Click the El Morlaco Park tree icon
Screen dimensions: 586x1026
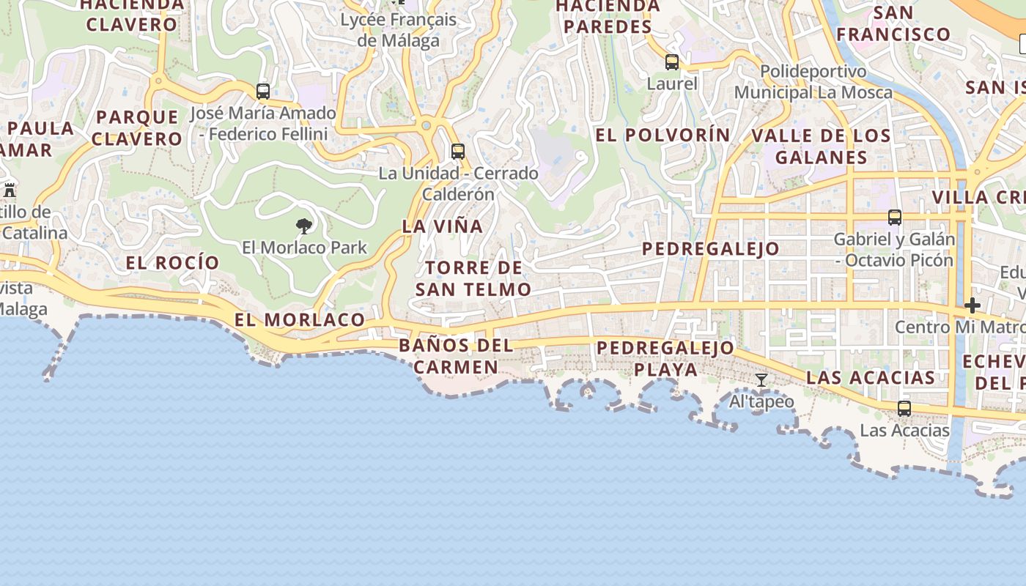click(x=304, y=226)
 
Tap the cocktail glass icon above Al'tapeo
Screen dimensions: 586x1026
click(x=761, y=379)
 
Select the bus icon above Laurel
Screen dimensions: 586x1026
click(x=672, y=62)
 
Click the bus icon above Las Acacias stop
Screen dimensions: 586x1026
click(x=904, y=408)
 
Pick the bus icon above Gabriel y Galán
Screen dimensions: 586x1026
click(x=894, y=217)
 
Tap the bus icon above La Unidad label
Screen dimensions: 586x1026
click(x=458, y=152)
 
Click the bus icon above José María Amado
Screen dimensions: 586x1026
click(x=263, y=92)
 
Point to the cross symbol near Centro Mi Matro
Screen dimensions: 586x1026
click(x=973, y=305)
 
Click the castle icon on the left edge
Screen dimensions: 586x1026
click(x=10, y=190)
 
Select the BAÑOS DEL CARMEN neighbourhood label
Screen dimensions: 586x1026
click(x=456, y=356)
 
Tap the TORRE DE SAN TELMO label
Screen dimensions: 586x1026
click(x=473, y=278)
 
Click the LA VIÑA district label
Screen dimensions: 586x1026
click(x=443, y=226)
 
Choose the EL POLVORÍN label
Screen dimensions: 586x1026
click(x=663, y=135)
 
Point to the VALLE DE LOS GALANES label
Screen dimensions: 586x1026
click(x=821, y=146)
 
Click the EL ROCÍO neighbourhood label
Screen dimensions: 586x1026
click(x=172, y=262)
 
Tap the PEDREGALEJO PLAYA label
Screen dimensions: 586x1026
click(x=665, y=358)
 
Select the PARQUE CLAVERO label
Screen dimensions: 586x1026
click(x=137, y=127)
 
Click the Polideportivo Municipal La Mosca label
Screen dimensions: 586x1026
click(x=813, y=82)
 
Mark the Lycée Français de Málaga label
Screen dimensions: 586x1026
click(x=399, y=29)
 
